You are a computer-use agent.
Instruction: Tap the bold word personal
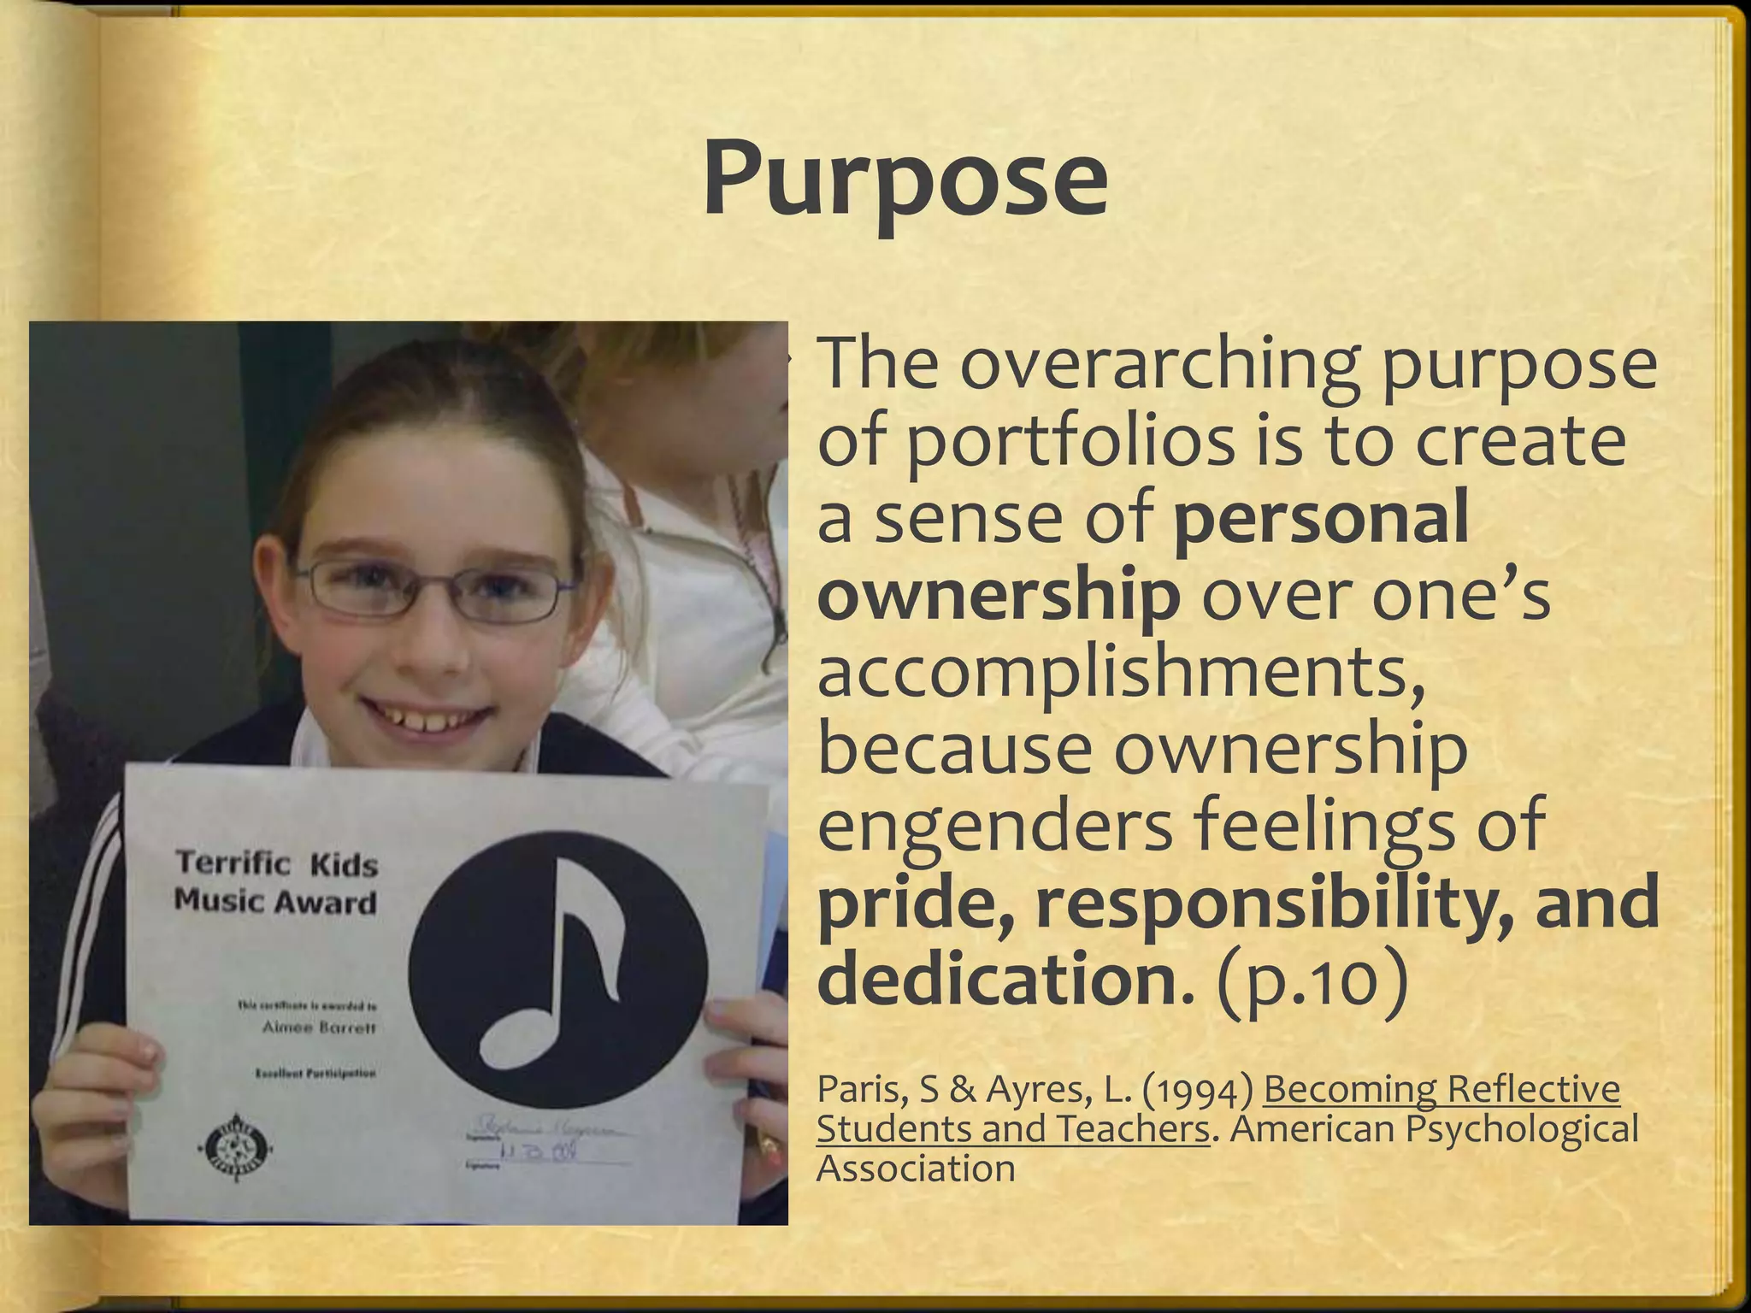[x=1321, y=518]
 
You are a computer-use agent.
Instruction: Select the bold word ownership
[x=998, y=596]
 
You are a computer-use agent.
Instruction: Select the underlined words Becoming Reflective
[x=1441, y=1090]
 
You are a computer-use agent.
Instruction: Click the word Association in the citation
[x=916, y=1169]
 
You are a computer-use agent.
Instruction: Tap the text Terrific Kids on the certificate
[x=276, y=864]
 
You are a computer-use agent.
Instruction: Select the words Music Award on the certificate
[x=275, y=902]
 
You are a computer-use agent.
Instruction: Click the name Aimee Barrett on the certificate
[x=318, y=1028]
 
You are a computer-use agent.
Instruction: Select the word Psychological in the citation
[x=1522, y=1129]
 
